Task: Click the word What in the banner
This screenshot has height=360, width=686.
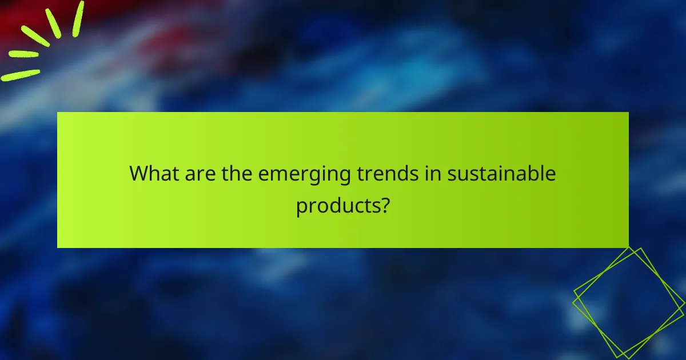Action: click(153, 173)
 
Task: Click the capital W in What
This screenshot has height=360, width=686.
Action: click(138, 173)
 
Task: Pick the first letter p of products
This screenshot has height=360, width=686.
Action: click(301, 207)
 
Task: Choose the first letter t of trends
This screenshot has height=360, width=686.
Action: click(361, 173)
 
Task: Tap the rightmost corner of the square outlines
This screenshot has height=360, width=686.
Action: click(684, 307)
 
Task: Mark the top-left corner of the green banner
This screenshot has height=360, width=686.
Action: click(58, 113)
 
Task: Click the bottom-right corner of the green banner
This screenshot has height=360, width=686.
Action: click(628, 247)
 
